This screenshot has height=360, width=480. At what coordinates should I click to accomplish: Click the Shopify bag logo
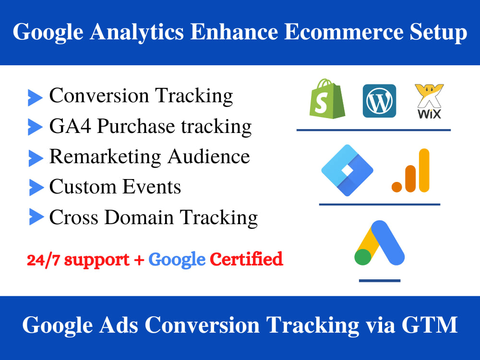[x=328, y=100]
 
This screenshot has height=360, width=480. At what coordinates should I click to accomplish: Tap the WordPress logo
[x=379, y=101]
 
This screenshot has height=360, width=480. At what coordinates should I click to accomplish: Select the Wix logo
[x=428, y=101]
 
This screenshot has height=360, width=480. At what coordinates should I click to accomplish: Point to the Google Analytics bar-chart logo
[x=411, y=171]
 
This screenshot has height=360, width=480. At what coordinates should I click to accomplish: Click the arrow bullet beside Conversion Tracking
[x=35, y=97]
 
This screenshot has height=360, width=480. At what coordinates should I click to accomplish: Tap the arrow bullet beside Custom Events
[x=35, y=187]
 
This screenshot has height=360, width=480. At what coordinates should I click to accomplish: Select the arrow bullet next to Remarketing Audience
[x=35, y=157]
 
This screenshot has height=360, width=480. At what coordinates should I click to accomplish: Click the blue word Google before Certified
[x=177, y=260]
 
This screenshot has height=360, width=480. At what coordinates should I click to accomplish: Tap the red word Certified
[x=246, y=260]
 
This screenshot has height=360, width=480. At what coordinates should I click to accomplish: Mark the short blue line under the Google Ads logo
[x=379, y=281]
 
